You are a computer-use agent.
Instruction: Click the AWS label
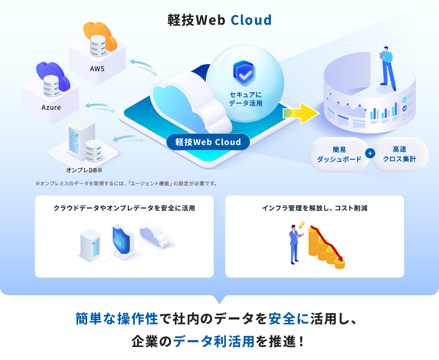point(97,69)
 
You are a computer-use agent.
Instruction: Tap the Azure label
point(51,108)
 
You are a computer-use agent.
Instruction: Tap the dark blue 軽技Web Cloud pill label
point(208,142)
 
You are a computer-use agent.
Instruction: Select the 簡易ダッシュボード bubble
point(339,155)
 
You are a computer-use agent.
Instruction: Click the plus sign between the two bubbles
point(370,154)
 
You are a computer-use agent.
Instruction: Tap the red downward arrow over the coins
point(328,242)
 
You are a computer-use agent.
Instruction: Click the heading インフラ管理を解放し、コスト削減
point(315,208)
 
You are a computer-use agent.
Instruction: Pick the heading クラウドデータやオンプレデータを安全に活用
point(124,208)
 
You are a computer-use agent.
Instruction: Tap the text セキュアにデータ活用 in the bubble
point(246,99)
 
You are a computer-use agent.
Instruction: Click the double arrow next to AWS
point(143,67)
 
